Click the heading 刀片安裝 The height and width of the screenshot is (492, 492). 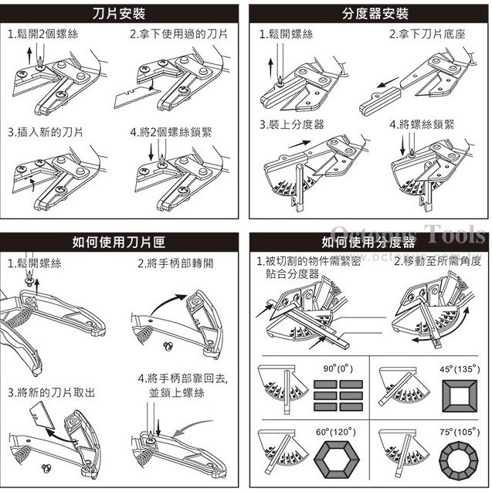(x=120, y=14)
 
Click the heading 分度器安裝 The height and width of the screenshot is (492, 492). (x=369, y=14)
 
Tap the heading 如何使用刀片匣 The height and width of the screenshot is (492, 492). (x=120, y=243)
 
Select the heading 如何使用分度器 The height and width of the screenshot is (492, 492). (x=369, y=243)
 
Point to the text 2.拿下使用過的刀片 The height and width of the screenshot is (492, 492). (x=178, y=35)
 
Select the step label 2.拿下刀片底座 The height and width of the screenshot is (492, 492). (x=427, y=35)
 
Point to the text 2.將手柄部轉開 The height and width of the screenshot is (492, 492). (x=176, y=263)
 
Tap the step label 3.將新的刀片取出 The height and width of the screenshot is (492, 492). (x=52, y=392)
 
